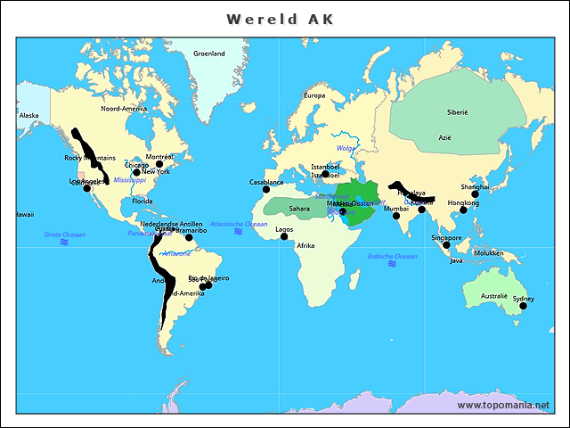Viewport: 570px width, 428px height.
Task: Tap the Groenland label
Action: [x=209, y=53]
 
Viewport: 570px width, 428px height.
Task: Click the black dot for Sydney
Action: [x=523, y=306]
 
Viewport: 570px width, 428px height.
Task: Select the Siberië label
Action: [x=456, y=112]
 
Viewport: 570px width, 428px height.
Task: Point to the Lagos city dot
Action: [x=284, y=236]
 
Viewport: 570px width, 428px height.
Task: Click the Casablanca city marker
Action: [x=254, y=188]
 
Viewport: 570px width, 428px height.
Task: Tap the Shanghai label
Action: [x=475, y=187]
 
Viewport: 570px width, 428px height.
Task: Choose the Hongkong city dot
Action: [x=463, y=210]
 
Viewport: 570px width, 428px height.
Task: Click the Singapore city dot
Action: [x=446, y=244]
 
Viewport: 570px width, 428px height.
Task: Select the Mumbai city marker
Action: [x=396, y=216]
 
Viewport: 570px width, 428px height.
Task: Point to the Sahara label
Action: [x=299, y=209]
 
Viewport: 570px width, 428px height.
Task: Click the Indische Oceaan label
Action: [x=392, y=256]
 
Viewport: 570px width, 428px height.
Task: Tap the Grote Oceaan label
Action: [x=64, y=235]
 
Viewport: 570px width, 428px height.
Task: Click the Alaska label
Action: [x=29, y=115]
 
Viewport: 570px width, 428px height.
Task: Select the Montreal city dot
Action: [x=159, y=164]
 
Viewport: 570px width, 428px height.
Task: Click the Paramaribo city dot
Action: [x=189, y=237]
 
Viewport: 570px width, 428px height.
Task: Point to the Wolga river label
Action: [x=346, y=148]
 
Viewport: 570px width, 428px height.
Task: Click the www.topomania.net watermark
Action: [x=503, y=405]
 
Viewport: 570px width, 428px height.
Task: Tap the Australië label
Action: [x=493, y=295]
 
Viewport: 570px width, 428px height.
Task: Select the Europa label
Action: [x=314, y=95]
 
